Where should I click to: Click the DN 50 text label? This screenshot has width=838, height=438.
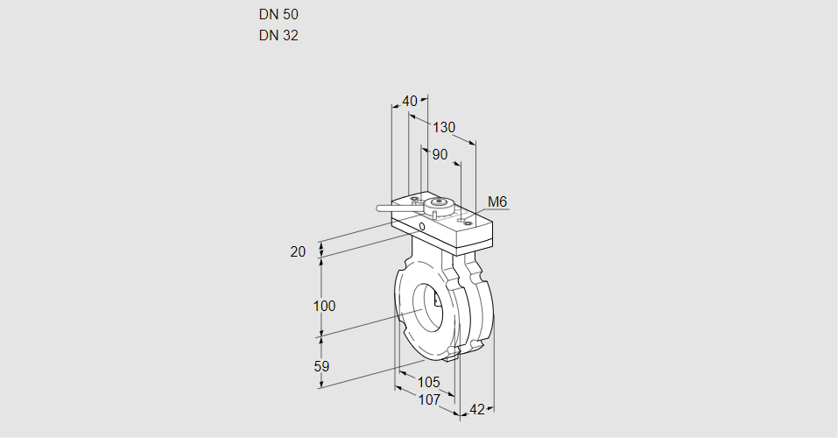[x=278, y=15]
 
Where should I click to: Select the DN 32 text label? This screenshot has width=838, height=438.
[x=278, y=36]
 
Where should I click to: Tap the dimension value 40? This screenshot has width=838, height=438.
[x=409, y=101]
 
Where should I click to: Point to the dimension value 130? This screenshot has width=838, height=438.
[x=444, y=127]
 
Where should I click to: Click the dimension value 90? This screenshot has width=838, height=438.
[x=440, y=154]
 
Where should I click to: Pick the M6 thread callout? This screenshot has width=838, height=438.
[x=497, y=202]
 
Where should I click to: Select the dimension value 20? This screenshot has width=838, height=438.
[x=298, y=251]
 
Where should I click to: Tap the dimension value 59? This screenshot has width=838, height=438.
[x=321, y=366]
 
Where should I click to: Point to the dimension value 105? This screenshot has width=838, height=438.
[x=428, y=382]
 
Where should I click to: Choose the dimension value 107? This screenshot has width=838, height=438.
[x=428, y=399]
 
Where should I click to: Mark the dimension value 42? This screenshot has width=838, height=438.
[x=477, y=409]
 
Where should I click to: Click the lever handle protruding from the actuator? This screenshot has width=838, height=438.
[x=394, y=208]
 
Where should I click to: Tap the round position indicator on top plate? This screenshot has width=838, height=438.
[x=438, y=205]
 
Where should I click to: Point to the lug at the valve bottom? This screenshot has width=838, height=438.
[x=452, y=352]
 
